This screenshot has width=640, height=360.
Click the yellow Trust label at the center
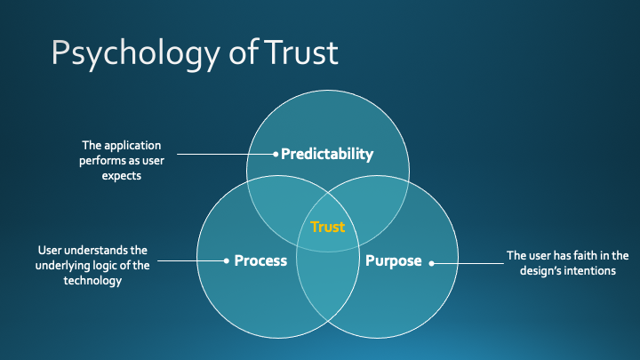click(327, 228)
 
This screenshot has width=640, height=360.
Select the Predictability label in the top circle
click(327, 154)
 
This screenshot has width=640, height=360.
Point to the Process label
click(260, 260)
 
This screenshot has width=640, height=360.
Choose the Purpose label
click(393, 260)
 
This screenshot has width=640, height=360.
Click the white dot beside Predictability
click(276, 155)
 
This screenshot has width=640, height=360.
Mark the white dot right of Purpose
click(432, 261)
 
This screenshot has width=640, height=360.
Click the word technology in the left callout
click(92, 280)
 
